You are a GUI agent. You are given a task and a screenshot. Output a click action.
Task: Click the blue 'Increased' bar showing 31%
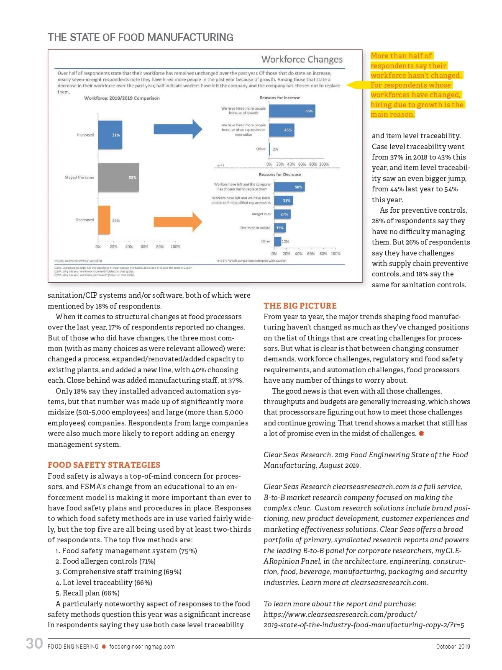pyautogui.click(x=110, y=135)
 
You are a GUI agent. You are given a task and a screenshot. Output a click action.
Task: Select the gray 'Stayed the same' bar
pyautogui.click(x=118, y=178)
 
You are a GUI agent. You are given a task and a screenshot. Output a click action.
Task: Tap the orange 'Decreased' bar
pyautogui.click(x=104, y=220)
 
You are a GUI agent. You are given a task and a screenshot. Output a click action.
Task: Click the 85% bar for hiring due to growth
pyautogui.click(x=292, y=111)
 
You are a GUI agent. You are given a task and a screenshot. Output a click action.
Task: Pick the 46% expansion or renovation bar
pyautogui.click(x=282, y=130)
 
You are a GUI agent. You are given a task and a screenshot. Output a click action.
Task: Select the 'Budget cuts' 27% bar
pyautogui.click(x=282, y=214)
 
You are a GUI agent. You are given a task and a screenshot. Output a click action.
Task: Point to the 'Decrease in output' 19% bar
pyautogui.click(x=280, y=228)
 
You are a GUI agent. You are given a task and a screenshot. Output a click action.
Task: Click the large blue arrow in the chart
pyautogui.click(x=178, y=129)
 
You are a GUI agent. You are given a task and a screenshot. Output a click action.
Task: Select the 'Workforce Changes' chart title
pyautogui.click(x=302, y=59)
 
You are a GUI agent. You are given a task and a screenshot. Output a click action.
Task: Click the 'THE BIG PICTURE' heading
pyautogui.click(x=300, y=306)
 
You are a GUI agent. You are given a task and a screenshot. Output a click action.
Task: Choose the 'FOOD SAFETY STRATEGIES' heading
pyautogui.click(x=104, y=465)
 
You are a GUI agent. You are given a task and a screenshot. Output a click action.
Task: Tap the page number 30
pyautogui.click(x=34, y=644)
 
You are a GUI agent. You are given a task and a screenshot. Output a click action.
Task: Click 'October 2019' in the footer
pyautogui.click(x=453, y=647)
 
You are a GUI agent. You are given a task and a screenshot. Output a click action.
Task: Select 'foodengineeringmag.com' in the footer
pyautogui.click(x=142, y=647)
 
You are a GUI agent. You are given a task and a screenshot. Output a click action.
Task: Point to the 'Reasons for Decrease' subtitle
pyautogui.click(x=279, y=175)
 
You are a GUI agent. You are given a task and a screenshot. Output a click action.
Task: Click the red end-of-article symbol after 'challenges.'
pyautogui.click(x=421, y=433)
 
